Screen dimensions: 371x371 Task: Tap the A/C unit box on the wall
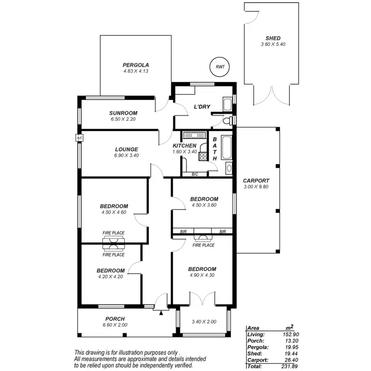point(79,138)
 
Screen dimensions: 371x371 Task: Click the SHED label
point(273,38)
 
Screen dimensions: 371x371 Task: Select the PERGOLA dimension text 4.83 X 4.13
point(136,71)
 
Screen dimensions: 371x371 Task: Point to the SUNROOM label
point(123,113)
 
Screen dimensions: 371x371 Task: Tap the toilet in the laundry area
point(228,120)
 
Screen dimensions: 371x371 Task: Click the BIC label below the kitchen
point(195,175)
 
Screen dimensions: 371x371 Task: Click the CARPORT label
point(256,181)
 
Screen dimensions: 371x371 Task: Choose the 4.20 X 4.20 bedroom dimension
point(110,278)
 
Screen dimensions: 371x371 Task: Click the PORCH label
point(115,319)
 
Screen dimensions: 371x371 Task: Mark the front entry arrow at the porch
point(161,312)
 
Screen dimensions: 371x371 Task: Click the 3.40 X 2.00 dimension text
point(204,322)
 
